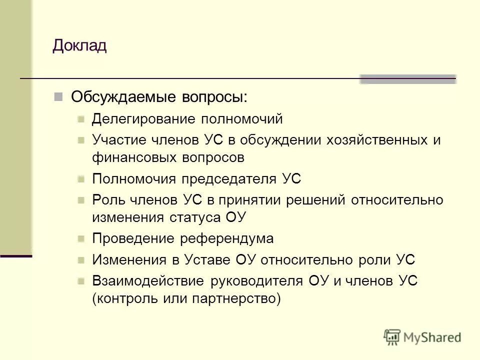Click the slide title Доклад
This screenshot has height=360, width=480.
[79, 46]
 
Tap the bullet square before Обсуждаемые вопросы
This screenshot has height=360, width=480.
[58, 96]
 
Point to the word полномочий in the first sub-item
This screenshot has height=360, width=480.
[242, 119]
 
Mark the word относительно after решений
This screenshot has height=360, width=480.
[397, 200]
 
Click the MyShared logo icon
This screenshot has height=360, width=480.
[392, 336]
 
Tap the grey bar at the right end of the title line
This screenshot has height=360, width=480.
[408, 79]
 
